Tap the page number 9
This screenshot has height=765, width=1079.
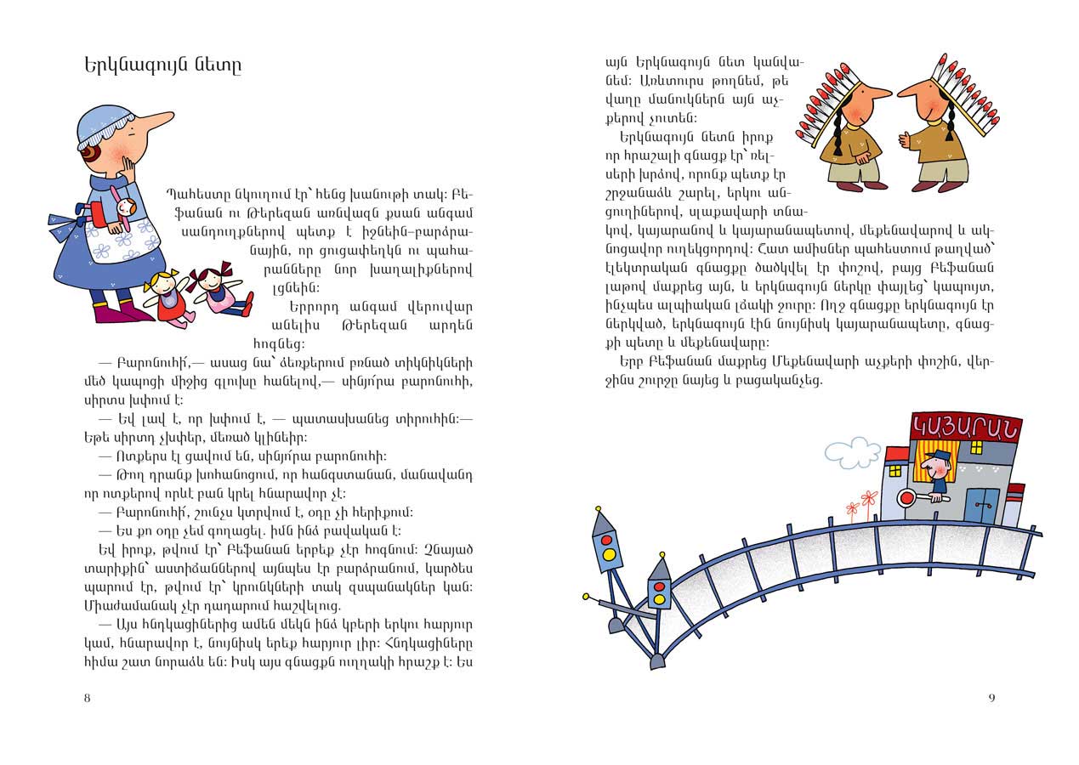(991, 698)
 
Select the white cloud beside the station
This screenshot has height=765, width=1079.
(847, 448)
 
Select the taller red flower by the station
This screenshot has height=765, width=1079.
(868, 498)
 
